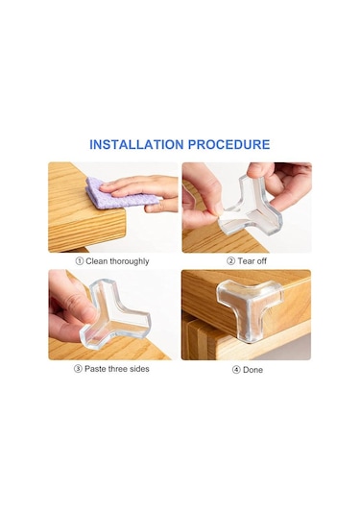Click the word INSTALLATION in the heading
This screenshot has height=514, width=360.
coord(136,144)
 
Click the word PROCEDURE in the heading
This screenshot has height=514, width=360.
coord(229,144)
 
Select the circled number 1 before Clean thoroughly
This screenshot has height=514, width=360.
coord(80,261)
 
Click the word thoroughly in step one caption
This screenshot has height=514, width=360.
coord(130,261)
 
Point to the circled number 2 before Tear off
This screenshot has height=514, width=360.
coord(231,261)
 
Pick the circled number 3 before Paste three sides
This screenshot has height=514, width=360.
coord(78,369)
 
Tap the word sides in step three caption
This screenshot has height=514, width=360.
coord(139,369)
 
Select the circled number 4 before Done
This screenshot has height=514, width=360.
coord(236,370)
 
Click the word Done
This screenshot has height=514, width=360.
coord(252,370)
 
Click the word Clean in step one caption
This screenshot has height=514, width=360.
coord(97,261)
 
